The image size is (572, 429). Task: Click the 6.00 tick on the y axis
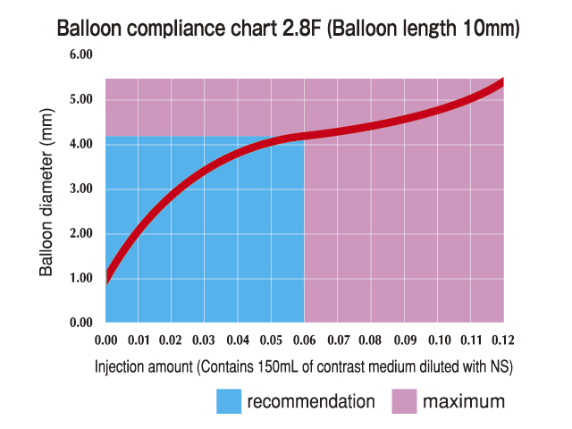(x=81, y=55)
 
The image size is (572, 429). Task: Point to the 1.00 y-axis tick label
(x=81, y=278)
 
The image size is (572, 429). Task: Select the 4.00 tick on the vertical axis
(x=81, y=144)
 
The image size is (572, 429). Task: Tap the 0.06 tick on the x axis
(x=305, y=341)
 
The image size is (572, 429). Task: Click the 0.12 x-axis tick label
(x=503, y=341)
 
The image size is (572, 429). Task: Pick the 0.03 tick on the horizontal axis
(x=205, y=341)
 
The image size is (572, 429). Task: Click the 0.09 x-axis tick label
(x=404, y=341)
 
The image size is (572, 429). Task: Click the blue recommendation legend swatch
(x=229, y=400)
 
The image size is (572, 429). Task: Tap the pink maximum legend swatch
(x=405, y=400)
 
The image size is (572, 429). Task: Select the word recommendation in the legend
(x=311, y=400)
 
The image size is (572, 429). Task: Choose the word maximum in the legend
(x=465, y=400)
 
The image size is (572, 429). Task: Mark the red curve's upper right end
(x=501, y=82)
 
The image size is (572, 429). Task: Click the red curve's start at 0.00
(x=106, y=276)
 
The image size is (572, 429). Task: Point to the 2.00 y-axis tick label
(x=81, y=233)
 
